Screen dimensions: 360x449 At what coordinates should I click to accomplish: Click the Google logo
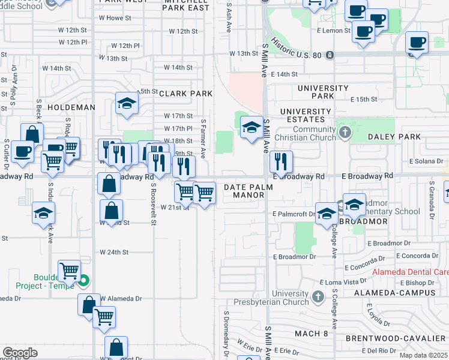click(20, 352)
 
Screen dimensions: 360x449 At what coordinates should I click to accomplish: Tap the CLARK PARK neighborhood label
click(186, 94)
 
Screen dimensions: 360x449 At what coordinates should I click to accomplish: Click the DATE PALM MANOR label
click(249, 191)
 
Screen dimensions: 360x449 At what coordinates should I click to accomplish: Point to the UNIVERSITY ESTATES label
click(306, 115)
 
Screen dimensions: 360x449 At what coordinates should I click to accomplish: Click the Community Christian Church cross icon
click(345, 131)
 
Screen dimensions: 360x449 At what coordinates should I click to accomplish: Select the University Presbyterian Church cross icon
click(318, 296)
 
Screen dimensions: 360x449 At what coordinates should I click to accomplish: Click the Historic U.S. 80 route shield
click(330, 55)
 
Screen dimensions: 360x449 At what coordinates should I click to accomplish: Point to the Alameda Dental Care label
click(411, 272)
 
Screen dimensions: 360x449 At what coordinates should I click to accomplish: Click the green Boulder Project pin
click(85, 280)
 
